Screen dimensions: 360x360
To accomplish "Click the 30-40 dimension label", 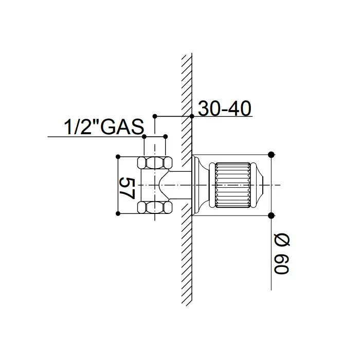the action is pyautogui.click(x=225, y=109).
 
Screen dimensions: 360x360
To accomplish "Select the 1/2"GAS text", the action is pyautogui.click(x=104, y=127).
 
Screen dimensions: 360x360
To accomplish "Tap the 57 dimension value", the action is pyautogui.click(x=127, y=188).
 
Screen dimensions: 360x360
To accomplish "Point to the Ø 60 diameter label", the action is pyautogui.click(x=281, y=254).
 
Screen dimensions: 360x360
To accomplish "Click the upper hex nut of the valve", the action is pyautogui.click(x=155, y=163).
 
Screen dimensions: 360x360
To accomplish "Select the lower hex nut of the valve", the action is pyautogui.click(x=155, y=207).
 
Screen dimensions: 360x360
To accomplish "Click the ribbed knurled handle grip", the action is pyautogui.click(x=232, y=185).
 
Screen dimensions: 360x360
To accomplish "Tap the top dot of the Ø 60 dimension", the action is pyautogui.click(x=271, y=155).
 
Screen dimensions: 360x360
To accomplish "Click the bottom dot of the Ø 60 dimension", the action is pyautogui.click(x=271, y=215).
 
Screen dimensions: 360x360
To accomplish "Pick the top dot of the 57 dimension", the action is pyautogui.click(x=118, y=157).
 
